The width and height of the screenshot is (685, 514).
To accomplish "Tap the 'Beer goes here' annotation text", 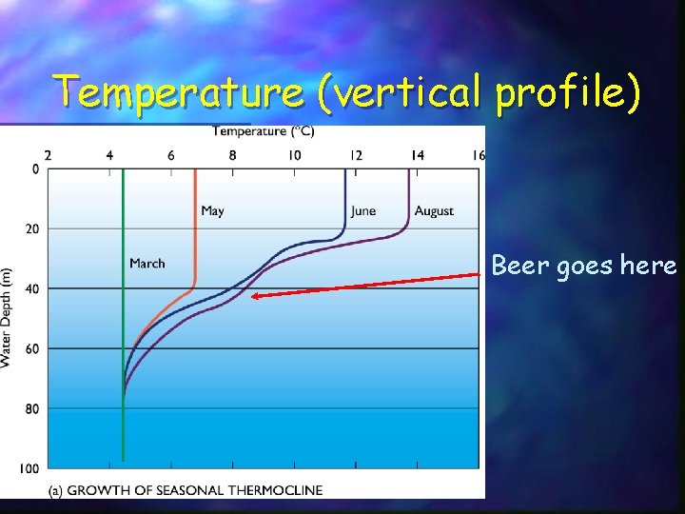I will tap(583, 266).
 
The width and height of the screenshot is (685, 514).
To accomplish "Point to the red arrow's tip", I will tap(253, 297).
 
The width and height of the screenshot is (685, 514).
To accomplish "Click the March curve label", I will tap(147, 263).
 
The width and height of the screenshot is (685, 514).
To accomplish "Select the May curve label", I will tap(212, 210).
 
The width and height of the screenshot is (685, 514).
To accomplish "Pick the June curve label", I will tap(362, 210).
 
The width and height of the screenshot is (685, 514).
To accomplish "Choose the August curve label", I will tap(434, 210).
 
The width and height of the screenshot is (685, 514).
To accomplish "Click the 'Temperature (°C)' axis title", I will tap(263, 131).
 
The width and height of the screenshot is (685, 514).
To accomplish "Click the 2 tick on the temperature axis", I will tap(49, 155).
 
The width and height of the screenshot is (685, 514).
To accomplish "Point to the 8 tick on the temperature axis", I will tap(233, 155).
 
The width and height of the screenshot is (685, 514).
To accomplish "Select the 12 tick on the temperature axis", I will tap(356, 155).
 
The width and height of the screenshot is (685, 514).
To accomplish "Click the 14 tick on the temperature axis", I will tap(418, 155).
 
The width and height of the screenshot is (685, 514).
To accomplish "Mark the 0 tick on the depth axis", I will tap(34, 169).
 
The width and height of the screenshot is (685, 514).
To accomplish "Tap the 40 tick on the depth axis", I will tap(31, 288).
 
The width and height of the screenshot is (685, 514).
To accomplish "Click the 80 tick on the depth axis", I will tap(31, 408).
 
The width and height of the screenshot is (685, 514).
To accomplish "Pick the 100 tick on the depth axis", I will tap(29, 467).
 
